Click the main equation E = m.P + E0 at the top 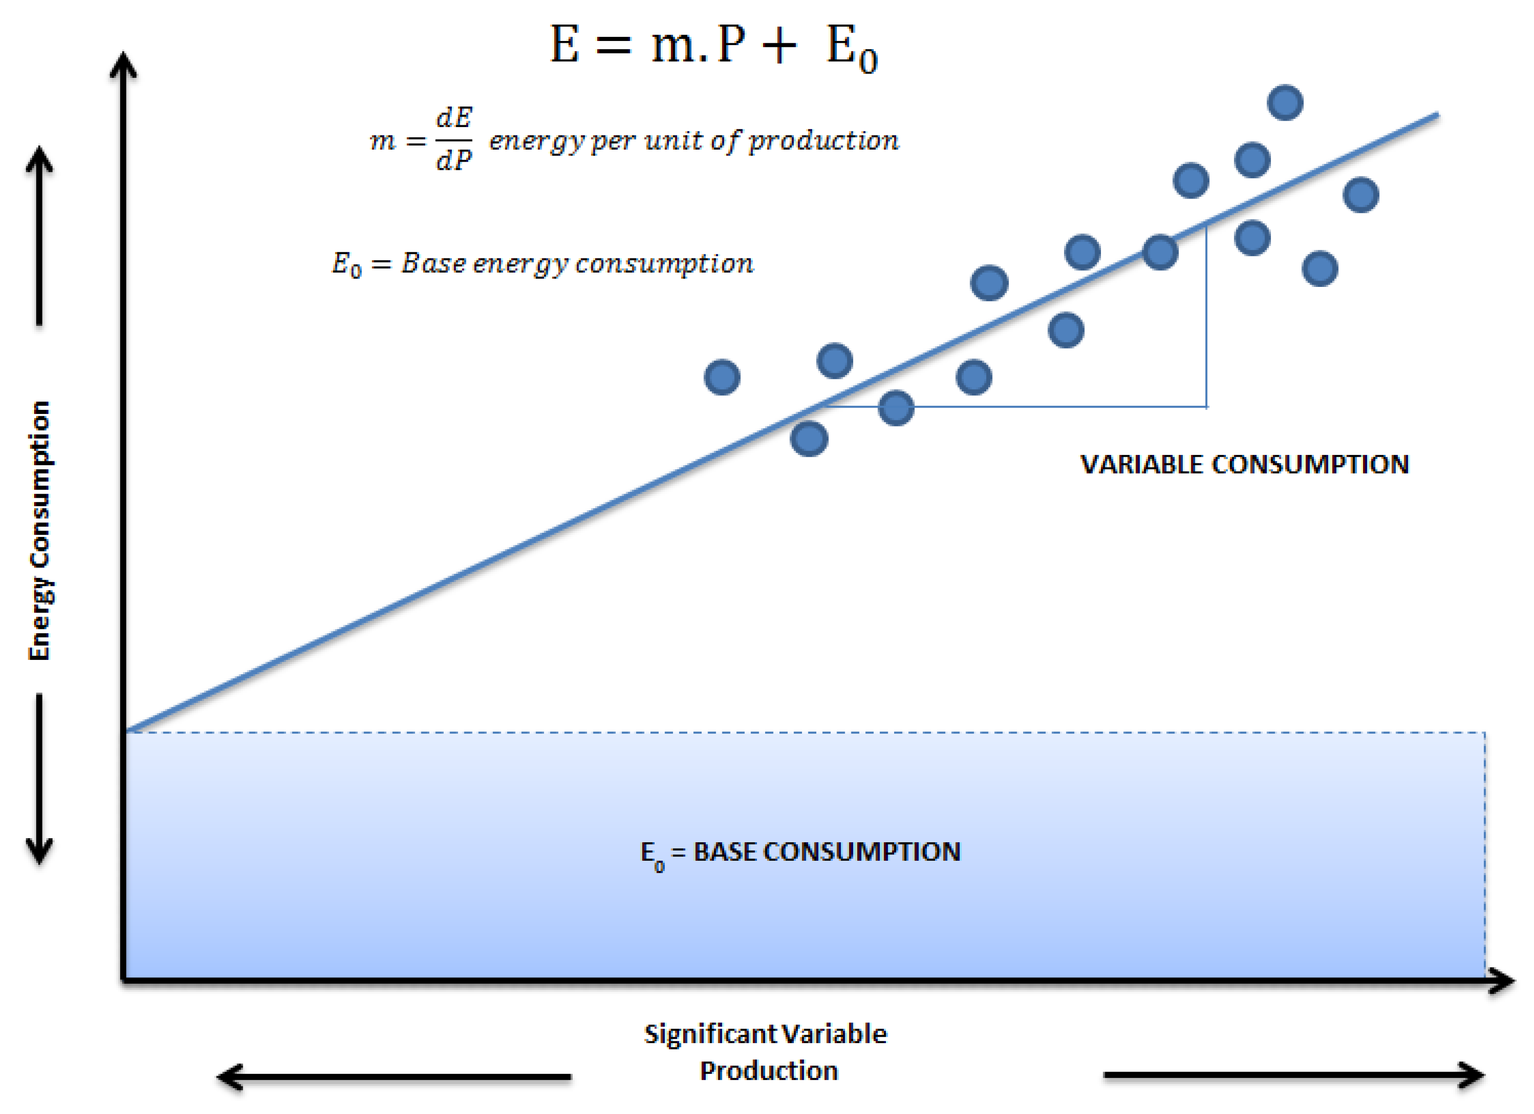[x=714, y=46]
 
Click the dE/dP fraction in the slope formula [x=453, y=139]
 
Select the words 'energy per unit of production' [x=694, y=140]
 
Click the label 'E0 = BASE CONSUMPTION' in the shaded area [x=800, y=853]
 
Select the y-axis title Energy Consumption [x=39, y=530]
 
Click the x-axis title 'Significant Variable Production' [x=767, y=1052]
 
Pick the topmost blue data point [x=1285, y=103]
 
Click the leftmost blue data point [x=722, y=377]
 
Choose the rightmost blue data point [x=1361, y=195]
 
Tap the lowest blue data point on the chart [x=809, y=439]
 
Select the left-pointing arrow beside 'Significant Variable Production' [x=392, y=1077]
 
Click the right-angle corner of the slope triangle [x=1206, y=407]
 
